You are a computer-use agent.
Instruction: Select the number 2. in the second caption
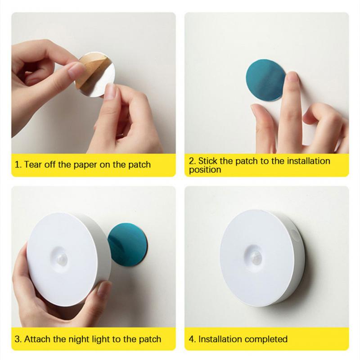tap(192, 161)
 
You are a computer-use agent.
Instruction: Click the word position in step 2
tap(205, 170)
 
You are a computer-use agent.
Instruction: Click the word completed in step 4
tap(265, 339)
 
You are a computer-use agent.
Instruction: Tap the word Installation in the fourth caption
tap(220, 339)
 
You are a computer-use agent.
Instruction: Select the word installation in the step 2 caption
tap(308, 161)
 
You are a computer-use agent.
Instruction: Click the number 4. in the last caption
tap(192, 339)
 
